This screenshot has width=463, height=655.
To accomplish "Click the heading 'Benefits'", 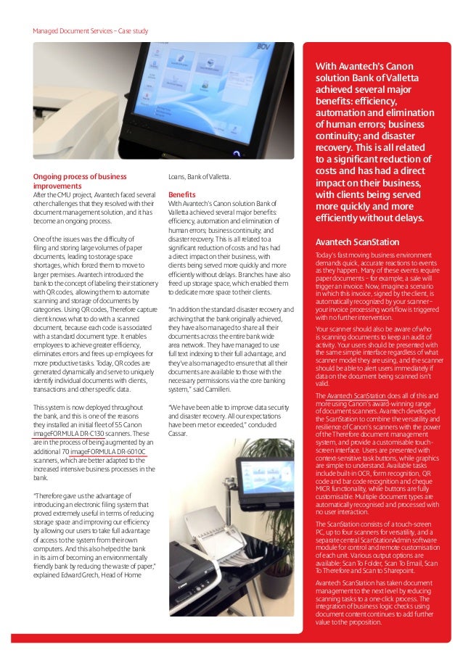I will [181, 195].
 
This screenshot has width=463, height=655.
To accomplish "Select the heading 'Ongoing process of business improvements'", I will [80, 181].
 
